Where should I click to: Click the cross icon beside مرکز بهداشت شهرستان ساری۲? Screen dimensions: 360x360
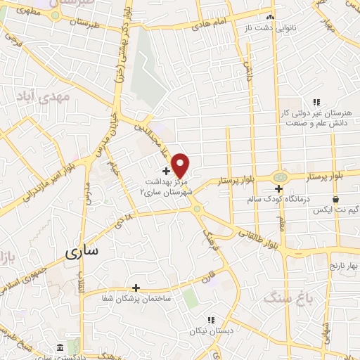tap(166, 171)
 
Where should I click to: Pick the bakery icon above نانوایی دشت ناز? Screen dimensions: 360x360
tap(269, 18)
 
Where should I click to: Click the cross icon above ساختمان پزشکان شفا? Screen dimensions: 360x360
tap(136, 288)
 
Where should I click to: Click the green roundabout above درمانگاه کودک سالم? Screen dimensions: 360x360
tap(280, 178)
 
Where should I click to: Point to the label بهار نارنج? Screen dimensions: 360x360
tap(324, 268)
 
